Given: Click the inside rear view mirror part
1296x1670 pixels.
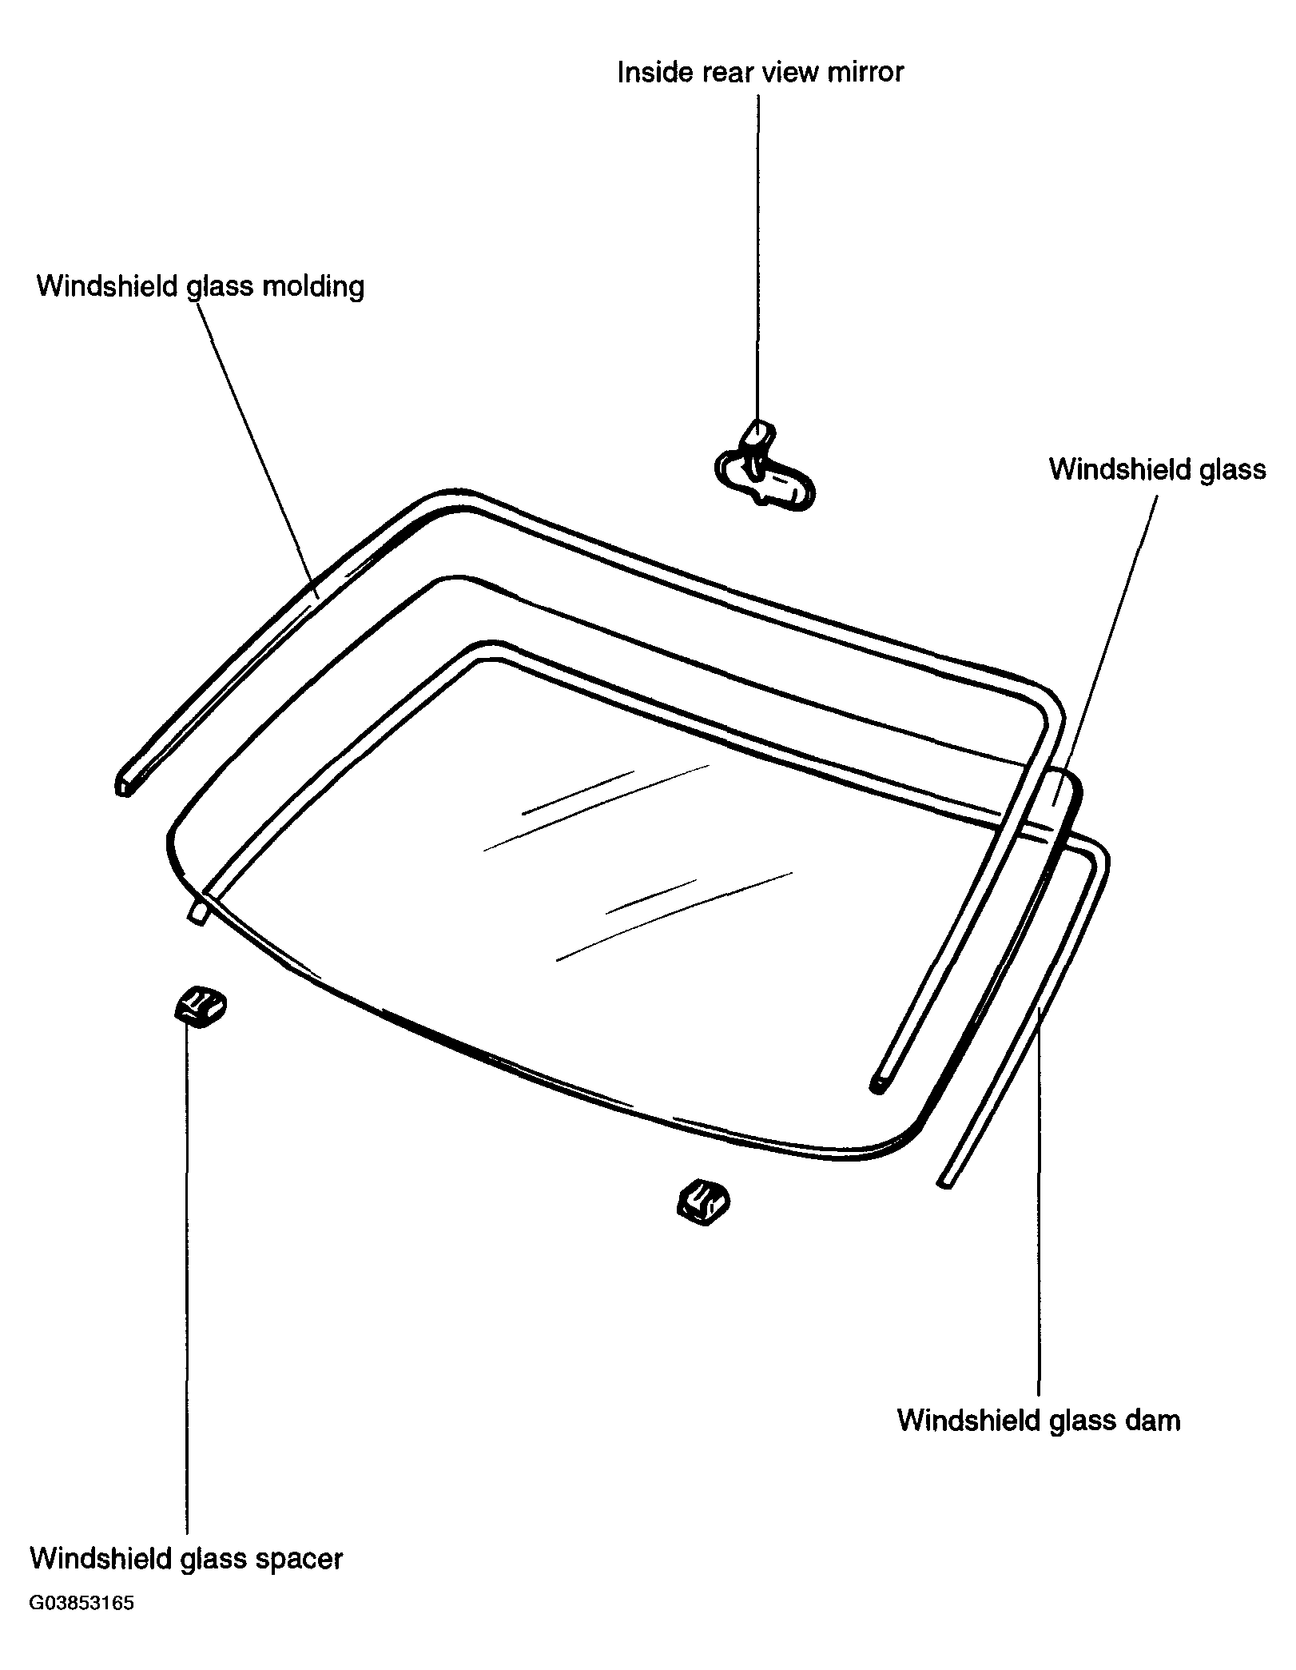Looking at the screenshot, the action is pyautogui.click(x=765, y=469).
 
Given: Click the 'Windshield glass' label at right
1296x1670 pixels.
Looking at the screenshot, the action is pyautogui.click(x=1158, y=469).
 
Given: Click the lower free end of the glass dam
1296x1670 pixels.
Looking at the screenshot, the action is pyautogui.click(x=944, y=1182).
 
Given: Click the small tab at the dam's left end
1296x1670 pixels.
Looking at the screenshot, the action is pyautogui.click(x=198, y=912).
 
